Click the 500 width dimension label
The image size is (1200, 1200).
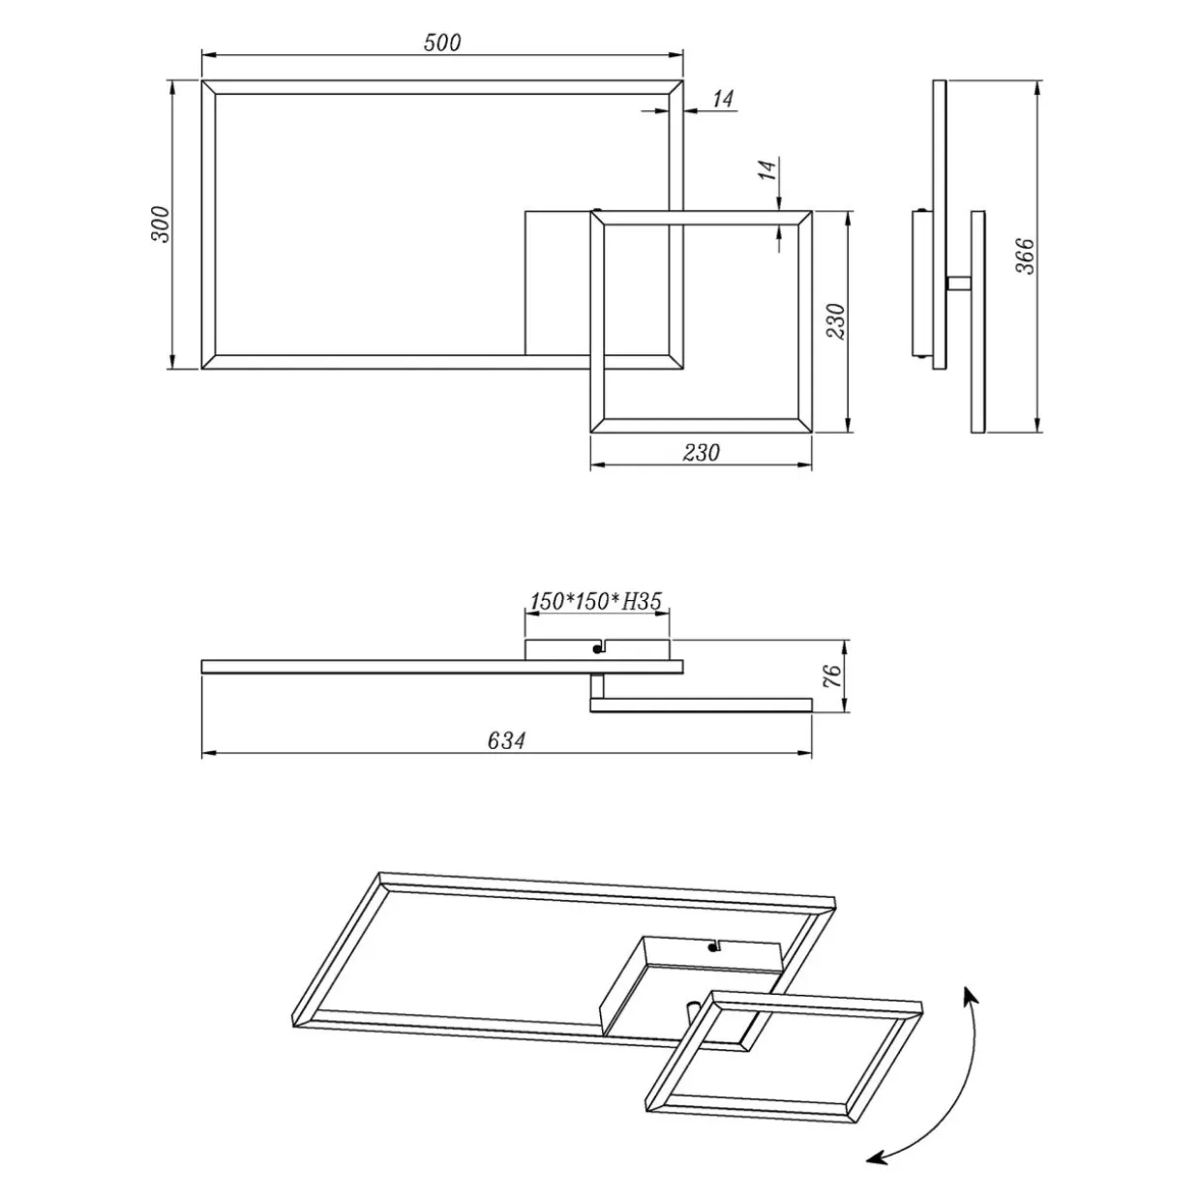pos(442,43)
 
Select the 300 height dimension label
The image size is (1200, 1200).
pos(160,225)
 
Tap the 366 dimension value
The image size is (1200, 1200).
pos(1025,255)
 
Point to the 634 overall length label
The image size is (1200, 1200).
pos(506,740)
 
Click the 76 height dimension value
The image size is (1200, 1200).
pos(832,675)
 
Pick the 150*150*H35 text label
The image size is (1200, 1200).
pos(595,601)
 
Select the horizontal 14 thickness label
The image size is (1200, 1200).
pos(722,99)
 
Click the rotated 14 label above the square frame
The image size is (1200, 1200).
pos(769,170)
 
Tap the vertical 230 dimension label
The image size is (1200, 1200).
pos(837,321)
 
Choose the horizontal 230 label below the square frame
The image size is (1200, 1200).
pos(702,453)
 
